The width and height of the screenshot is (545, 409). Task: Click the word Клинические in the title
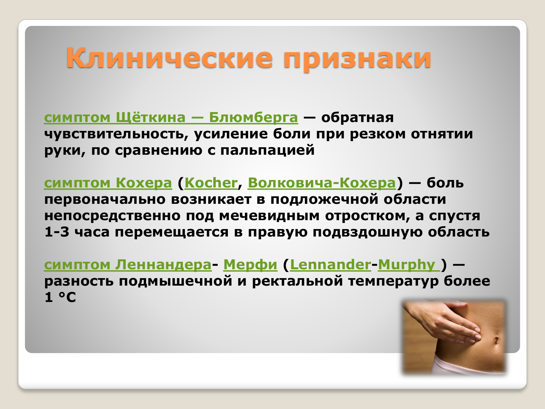(x=169, y=58)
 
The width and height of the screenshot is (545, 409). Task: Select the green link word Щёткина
(x=151, y=117)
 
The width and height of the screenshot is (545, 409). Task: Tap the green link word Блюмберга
(x=253, y=118)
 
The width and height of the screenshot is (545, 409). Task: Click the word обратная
(x=357, y=118)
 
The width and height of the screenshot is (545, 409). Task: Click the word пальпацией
(x=267, y=151)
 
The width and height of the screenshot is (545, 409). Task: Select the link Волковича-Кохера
(x=322, y=183)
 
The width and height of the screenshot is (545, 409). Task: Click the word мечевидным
(x=269, y=216)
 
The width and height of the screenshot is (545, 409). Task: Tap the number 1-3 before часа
(x=57, y=232)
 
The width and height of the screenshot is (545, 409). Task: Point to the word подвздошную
(x=367, y=232)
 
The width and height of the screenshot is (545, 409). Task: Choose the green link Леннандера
(x=163, y=265)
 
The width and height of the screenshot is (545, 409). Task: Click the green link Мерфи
(x=250, y=265)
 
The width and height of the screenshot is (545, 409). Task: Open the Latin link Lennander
(x=330, y=265)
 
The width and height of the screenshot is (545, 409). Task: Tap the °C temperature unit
(x=67, y=297)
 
